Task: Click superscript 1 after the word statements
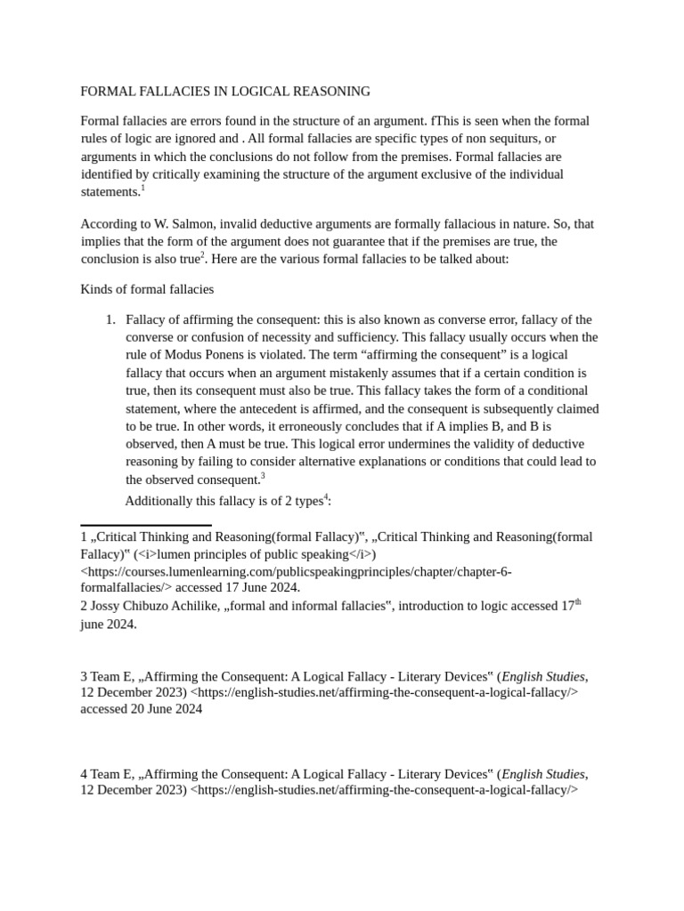pos(142,189)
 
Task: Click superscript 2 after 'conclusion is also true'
pos(202,256)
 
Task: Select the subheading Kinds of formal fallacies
pos(147,289)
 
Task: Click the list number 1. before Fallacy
pos(110,319)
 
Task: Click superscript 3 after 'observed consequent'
pos(263,476)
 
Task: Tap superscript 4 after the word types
pos(326,497)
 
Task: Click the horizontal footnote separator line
pos(146,525)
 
